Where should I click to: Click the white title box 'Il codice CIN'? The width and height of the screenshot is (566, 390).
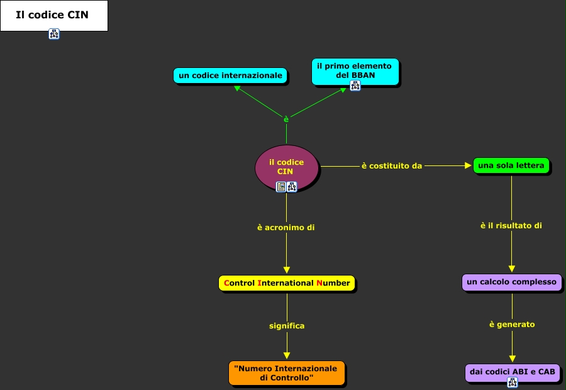[54, 16]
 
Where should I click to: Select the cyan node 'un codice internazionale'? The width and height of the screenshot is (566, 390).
[230, 75]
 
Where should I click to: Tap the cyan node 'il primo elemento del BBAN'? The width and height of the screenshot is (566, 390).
[355, 71]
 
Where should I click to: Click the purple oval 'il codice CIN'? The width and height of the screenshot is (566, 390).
[287, 167]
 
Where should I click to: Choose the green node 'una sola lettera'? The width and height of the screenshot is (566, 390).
[511, 166]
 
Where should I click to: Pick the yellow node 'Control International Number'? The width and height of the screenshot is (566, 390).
[287, 283]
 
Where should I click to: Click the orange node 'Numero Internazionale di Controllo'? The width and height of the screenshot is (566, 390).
[287, 373]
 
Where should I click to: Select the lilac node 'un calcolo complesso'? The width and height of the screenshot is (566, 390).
[511, 282]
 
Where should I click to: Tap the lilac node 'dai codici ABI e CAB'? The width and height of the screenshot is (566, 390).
[512, 372]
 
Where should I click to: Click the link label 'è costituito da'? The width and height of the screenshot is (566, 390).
[392, 166]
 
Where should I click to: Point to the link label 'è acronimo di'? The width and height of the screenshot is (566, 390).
[286, 228]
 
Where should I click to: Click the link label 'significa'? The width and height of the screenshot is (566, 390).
[287, 326]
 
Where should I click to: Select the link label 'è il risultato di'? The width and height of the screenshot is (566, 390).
[511, 226]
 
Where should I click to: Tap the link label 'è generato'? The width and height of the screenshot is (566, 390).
[512, 325]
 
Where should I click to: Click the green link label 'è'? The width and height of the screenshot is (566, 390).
[286, 119]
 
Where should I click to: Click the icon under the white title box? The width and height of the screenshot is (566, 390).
[54, 34]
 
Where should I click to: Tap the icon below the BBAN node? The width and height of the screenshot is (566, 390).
[355, 86]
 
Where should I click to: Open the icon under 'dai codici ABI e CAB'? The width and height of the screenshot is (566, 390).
[512, 382]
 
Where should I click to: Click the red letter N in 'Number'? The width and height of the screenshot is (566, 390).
[319, 283]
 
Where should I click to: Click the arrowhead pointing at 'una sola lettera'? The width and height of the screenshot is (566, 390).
[468, 166]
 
